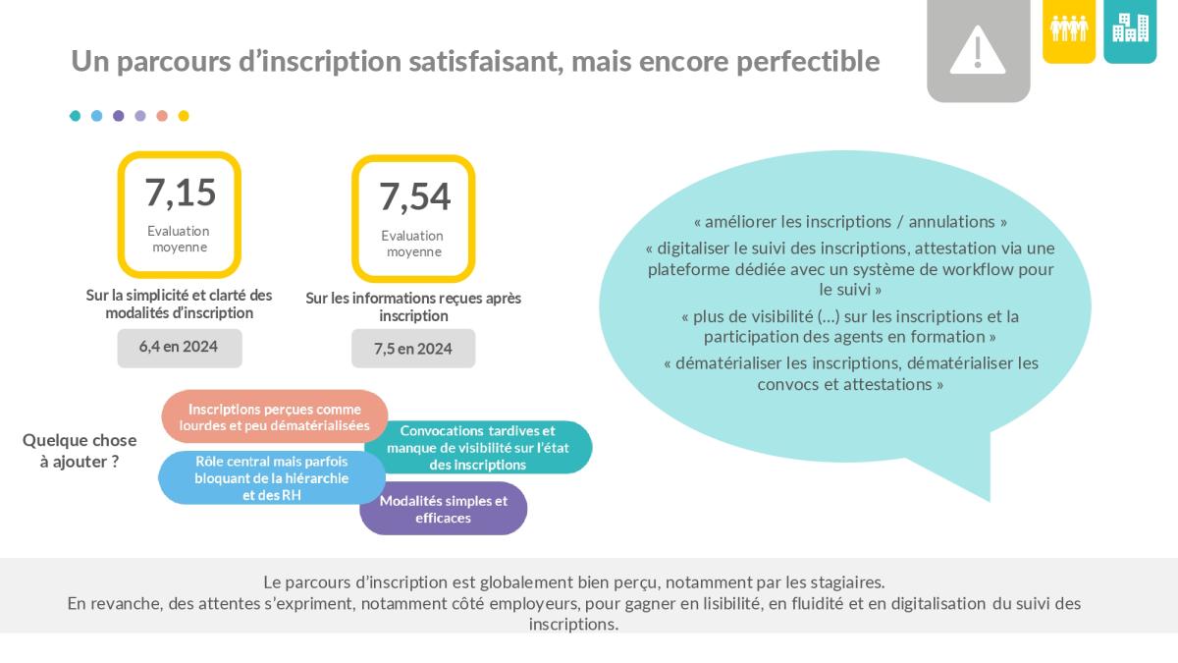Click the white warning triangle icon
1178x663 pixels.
pos(978,50)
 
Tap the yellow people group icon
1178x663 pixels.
pos(1069,28)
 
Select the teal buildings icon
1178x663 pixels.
pos(1130,28)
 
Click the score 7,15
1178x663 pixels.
pos(181,193)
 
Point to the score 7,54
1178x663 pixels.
pos(414,196)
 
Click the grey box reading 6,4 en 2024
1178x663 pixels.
pos(180,348)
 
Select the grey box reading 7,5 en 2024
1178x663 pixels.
pos(413,349)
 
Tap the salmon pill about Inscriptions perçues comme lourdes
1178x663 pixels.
pos(274,416)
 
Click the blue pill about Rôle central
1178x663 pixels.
pos(271,477)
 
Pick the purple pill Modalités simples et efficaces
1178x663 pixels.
pos(444,509)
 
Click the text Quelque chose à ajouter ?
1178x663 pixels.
pos(80,451)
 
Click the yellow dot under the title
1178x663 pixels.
pos(184,116)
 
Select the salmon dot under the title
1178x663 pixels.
pos(162,116)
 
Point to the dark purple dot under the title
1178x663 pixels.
pos(119,116)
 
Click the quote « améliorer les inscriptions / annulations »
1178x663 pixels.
pos(850,222)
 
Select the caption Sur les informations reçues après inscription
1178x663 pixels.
pos(413,306)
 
